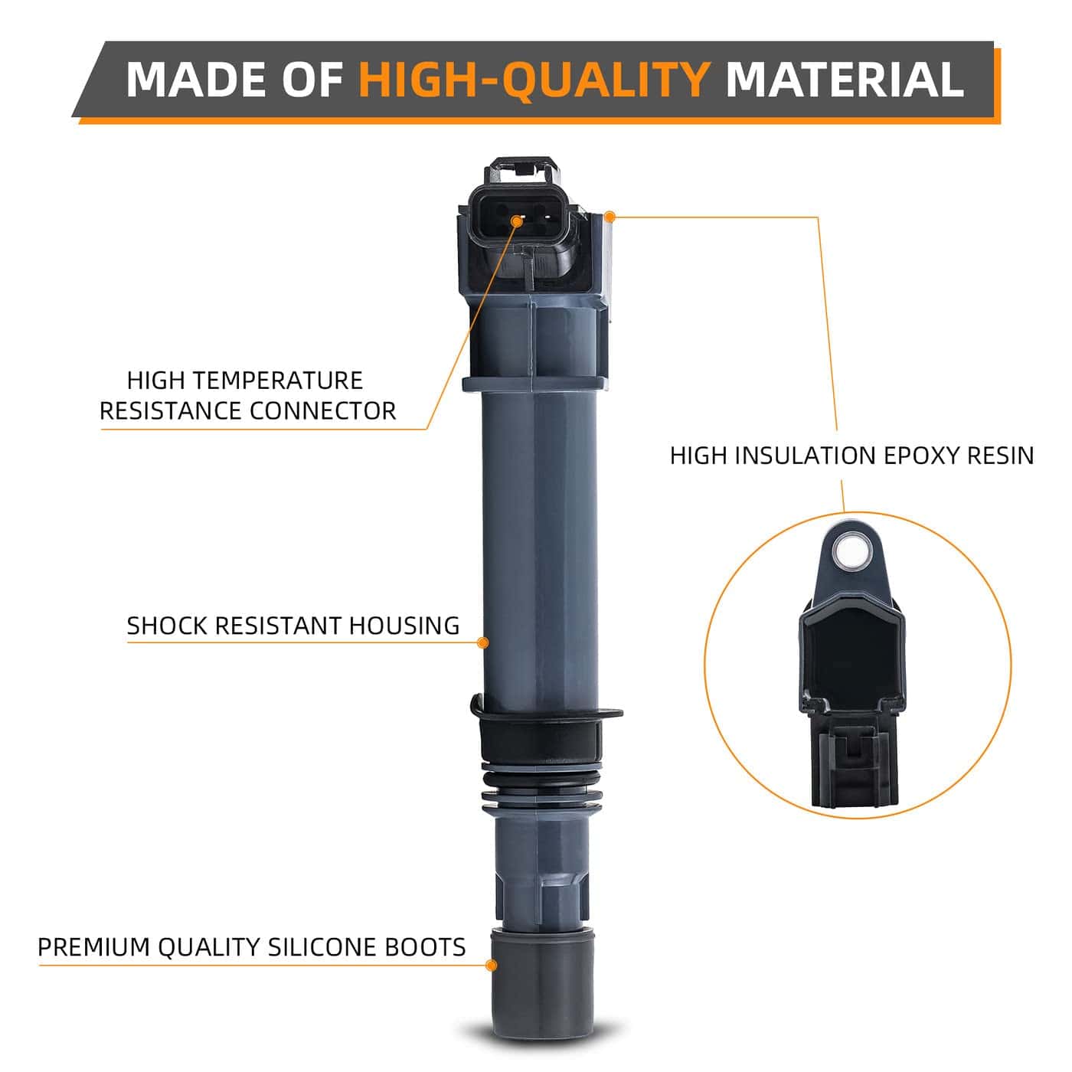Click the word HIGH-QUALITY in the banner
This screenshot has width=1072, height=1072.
coord(534,80)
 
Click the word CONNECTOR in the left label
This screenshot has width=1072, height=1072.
coord(322,411)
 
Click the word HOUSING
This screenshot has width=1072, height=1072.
coord(404,626)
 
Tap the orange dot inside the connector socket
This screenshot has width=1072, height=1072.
coord(516,222)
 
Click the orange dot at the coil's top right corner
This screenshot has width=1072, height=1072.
coord(610,217)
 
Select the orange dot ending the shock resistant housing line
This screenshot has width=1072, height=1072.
coord(483,643)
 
